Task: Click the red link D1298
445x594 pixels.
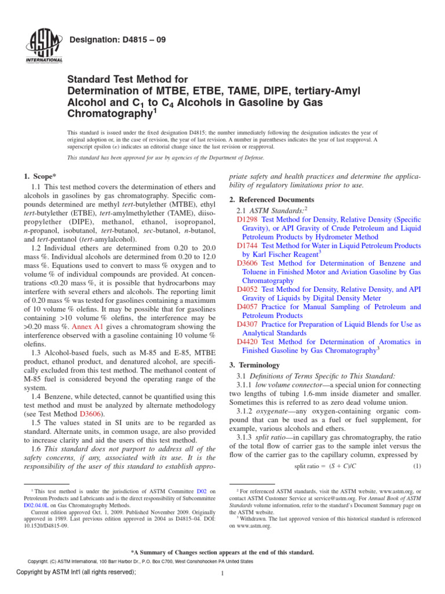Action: pyautogui.click(x=248, y=220)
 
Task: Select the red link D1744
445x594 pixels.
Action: pyautogui.click(x=248, y=246)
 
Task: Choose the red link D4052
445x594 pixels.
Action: pyautogui.click(x=248, y=289)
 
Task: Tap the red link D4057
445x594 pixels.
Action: pyautogui.click(x=248, y=307)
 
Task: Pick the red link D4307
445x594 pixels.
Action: pyautogui.click(x=248, y=324)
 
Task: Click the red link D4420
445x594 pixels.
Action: pyautogui.click(x=248, y=342)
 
